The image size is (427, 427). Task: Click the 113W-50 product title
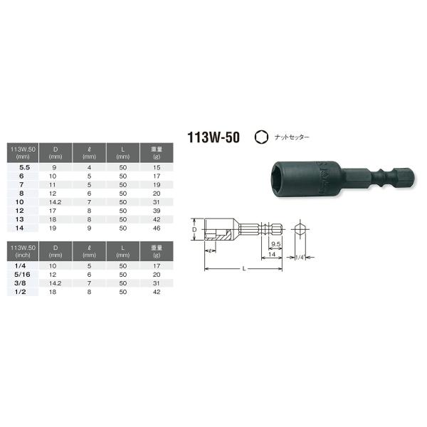(213, 137)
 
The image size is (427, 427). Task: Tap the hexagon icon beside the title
(261, 137)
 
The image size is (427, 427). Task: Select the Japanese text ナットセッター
(292, 137)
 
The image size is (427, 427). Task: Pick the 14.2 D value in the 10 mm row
(56, 202)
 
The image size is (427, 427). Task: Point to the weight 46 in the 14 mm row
(157, 228)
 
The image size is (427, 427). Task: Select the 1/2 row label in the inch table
(20, 292)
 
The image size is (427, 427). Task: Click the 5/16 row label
(22, 275)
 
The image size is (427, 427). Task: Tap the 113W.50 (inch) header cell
(23, 251)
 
